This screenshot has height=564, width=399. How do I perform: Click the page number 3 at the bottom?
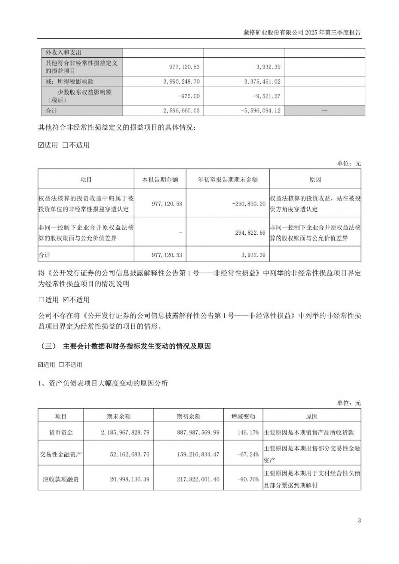pyautogui.click(x=359, y=521)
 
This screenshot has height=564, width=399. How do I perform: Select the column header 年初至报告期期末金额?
pyautogui.click(x=228, y=180)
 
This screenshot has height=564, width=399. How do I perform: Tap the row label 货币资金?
pyautogui.click(x=61, y=432)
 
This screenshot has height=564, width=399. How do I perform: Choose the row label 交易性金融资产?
pyautogui.click(x=61, y=454)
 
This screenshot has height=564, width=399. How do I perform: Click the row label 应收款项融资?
pyautogui.click(x=61, y=479)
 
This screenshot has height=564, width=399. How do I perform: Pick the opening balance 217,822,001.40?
pyautogui.click(x=192, y=479)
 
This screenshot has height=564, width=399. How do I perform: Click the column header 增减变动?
pyautogui.click(x=243, y=417)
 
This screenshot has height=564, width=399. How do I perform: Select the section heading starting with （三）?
pyautogui.click(x=126, y=346)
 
